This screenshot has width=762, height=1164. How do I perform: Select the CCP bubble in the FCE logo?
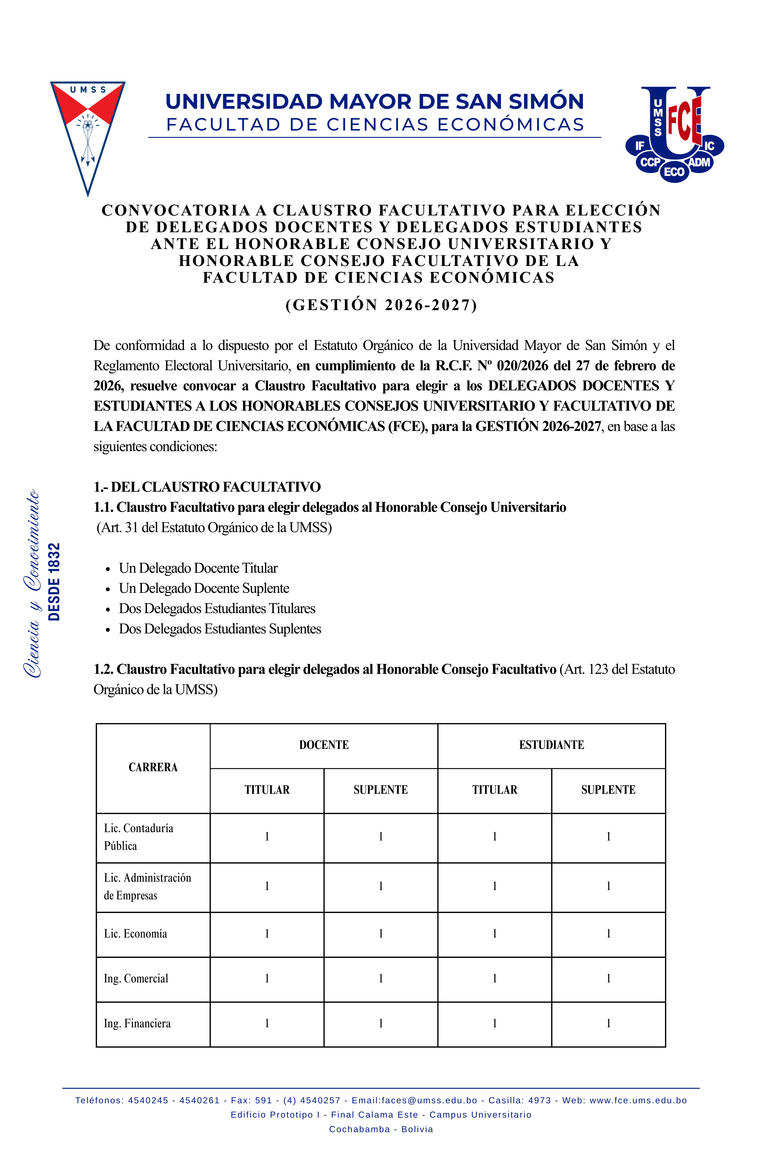[x=650, y=162]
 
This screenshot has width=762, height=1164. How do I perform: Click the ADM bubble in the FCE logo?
[x=699, y=162]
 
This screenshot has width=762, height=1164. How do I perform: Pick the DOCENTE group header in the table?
[x=324, y=745]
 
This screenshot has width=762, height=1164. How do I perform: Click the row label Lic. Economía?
[x=135, y=934]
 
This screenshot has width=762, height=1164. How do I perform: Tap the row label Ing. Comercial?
[x=136, y=979]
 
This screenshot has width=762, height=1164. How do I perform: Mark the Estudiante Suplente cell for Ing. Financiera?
[x=608, y=1024]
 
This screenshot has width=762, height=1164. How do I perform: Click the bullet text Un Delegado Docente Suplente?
[x=204, y=588]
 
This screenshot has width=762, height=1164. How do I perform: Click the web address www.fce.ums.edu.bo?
[x=638, y=1100]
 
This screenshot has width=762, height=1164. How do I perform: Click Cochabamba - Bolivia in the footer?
[x=381, y=1129]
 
